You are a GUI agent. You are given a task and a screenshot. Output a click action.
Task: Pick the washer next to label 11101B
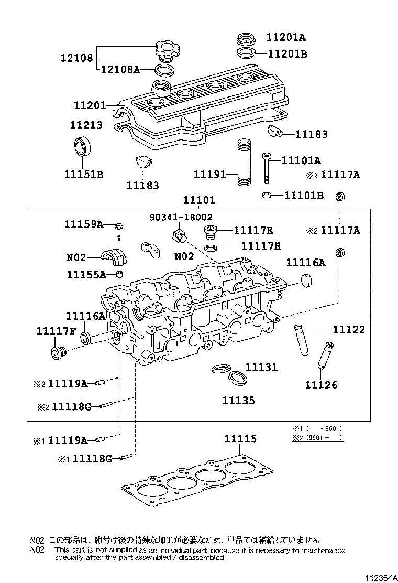point(267,196)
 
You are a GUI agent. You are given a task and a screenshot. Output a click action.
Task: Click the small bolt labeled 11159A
point(120,230)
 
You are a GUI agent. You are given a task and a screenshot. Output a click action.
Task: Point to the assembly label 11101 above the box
point(199,201)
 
